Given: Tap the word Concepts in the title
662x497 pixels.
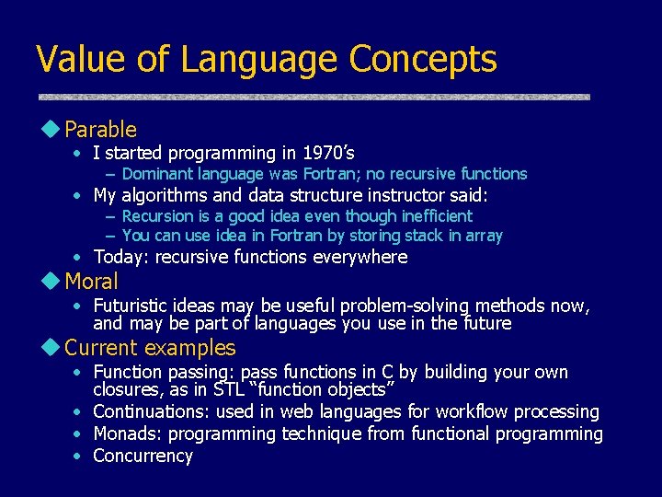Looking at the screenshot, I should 423,60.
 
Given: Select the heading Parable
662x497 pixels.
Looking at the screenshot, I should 100,130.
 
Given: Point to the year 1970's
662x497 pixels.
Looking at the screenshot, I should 323,153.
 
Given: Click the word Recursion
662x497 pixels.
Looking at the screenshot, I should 157,216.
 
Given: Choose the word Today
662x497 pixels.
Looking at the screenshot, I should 120,257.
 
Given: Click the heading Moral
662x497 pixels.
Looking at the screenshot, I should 91,281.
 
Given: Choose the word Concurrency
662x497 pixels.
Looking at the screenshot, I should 143,456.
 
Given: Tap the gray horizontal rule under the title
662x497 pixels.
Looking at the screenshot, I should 314,97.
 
